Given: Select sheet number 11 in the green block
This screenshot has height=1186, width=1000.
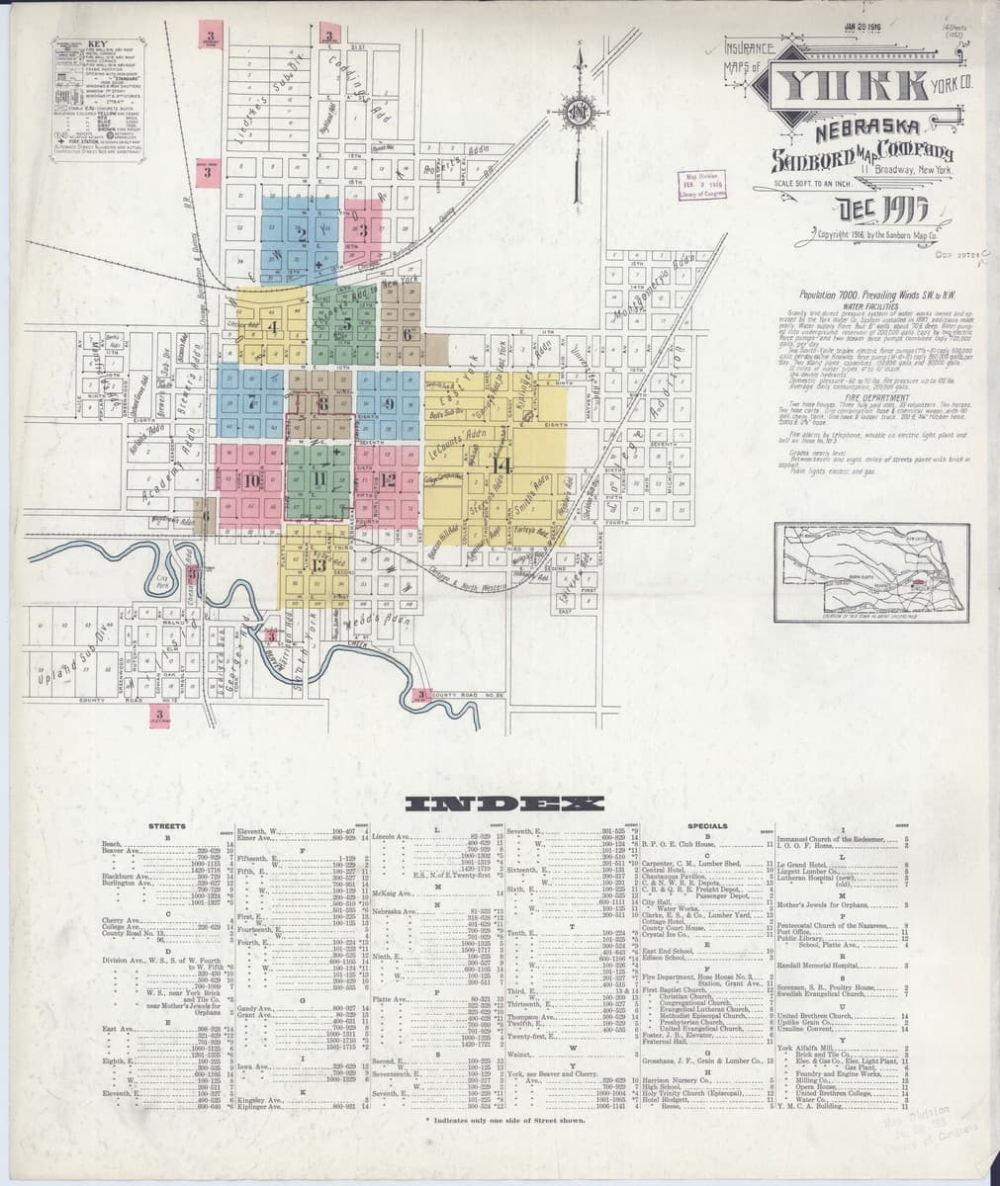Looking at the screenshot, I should click(x=318, y=479).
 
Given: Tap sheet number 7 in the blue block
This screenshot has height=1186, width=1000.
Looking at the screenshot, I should click(x=252, y=401).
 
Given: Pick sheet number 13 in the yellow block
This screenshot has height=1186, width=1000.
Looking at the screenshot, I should click(x=318, y=565).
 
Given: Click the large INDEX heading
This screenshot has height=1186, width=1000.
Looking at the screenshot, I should click(x=500, y=803).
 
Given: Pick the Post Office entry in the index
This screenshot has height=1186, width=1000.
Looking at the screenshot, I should click(x=794, y=930).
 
